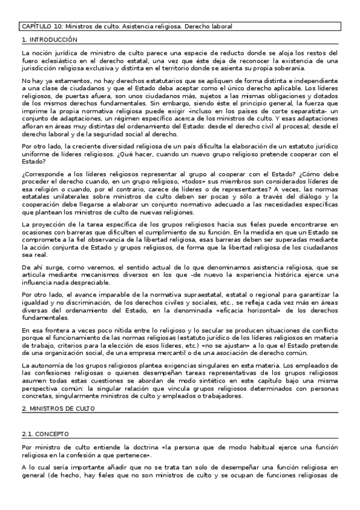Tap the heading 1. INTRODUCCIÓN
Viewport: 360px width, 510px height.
coord(49,40)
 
